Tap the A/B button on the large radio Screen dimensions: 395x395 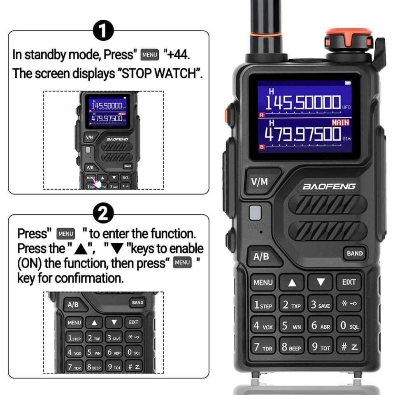point(261,256)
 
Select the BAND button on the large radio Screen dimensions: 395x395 point(355,253)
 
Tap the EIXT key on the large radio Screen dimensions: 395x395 point(349,282)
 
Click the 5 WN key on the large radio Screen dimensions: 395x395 point(292,326)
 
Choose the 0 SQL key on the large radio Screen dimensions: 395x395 point(349,326)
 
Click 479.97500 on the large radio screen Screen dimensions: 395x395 point(303,134)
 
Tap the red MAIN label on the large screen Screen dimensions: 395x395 point(340,122)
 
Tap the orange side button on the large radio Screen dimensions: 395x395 point(227,115)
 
